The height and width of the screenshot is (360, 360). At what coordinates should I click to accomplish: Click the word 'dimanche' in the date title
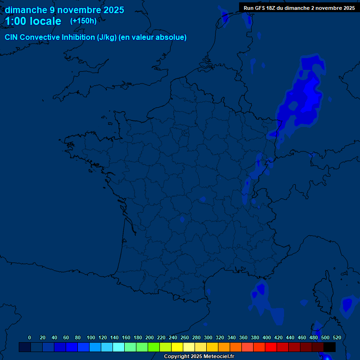(26, 10)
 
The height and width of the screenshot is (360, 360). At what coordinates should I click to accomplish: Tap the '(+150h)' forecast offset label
(83, 21)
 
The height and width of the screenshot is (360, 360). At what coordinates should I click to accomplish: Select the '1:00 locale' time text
(33, 22)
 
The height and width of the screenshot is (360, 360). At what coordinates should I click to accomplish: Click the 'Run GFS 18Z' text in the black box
(262, 8)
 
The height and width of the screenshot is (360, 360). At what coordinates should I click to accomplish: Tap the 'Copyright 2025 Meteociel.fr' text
(199, 357)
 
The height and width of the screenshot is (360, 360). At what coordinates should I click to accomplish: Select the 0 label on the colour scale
(30, 337)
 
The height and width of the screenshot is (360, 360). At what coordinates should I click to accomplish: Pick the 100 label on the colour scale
(91, 337)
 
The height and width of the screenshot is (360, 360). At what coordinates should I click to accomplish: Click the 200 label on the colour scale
(150, 337)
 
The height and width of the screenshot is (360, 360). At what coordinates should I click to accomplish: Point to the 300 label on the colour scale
(208, 337)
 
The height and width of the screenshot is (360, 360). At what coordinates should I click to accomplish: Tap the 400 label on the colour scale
(267, 337)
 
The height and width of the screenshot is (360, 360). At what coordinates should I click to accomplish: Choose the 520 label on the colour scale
(337, 337)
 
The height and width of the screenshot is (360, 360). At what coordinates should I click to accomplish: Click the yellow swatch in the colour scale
(177, 347)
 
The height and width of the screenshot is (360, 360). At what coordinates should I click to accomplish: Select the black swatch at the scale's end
(330, 347)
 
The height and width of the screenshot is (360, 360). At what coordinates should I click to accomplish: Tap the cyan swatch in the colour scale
(119, 347)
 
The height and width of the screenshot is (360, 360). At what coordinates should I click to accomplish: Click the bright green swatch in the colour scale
(154, 347)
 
